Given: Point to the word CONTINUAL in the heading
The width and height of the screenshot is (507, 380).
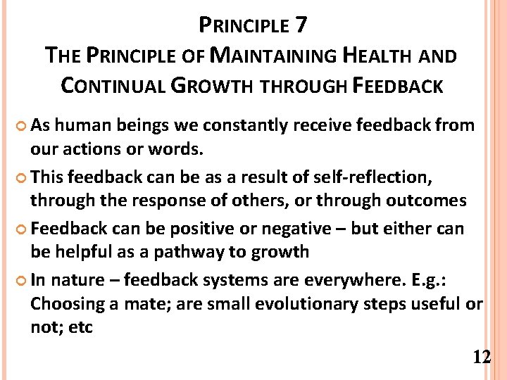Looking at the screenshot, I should pos(112,86).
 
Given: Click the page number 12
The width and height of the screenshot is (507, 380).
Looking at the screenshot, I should pos(482,357).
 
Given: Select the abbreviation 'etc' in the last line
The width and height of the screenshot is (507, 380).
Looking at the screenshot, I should pos(81,328).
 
